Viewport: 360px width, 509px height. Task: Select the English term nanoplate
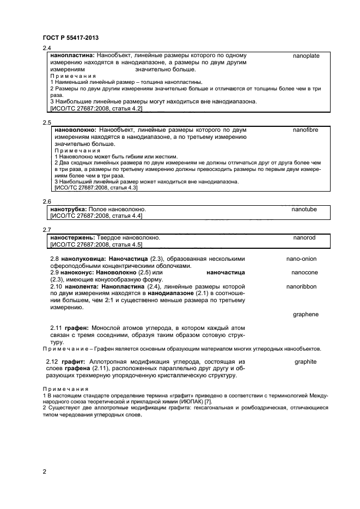pos(306,56)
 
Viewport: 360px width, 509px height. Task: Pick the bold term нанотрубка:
pos(70,209)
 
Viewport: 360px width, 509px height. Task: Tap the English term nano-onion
pos(301,259)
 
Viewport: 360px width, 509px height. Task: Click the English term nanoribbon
pos(301,286)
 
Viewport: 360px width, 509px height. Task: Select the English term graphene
pos(305,314)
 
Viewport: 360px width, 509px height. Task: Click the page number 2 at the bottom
pos(44,471)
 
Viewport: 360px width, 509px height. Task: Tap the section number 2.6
pos(46,201)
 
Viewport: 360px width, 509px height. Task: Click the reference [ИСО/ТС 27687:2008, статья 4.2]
pos(96,109)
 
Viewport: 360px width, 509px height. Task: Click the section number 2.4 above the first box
pos(46,48)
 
